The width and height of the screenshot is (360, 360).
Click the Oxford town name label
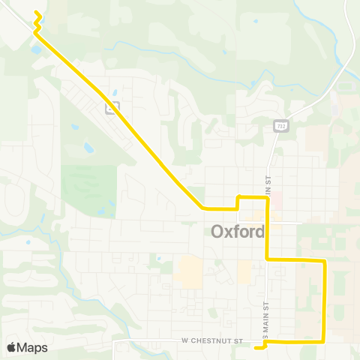238,232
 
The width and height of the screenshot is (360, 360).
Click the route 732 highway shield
279,126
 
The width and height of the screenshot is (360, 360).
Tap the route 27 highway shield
112,107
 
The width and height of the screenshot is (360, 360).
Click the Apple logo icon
11,347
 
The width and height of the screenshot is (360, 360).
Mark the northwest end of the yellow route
36,13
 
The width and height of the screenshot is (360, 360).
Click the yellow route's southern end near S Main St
256,346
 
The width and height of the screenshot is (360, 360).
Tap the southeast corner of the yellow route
324,341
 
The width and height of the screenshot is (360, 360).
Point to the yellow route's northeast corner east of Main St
324,261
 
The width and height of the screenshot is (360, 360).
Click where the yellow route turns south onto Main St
267,198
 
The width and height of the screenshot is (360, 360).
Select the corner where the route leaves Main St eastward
268,259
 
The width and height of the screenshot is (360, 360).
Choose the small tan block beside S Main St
245,271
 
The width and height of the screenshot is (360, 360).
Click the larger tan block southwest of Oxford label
188,271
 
